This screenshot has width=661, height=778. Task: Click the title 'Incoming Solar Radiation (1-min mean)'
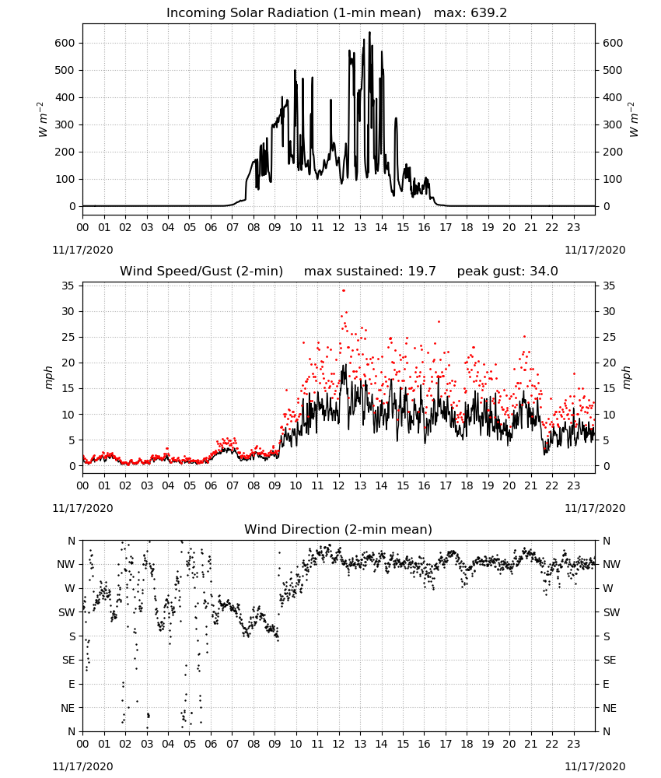point(293,13)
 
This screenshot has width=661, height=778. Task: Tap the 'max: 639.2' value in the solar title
point(470,13)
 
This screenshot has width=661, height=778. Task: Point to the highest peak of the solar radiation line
point(369,33)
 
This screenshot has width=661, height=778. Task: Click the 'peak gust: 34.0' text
point(507,272)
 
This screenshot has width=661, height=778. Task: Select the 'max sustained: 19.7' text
point(370,272)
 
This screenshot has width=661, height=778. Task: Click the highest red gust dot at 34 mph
point(344,290)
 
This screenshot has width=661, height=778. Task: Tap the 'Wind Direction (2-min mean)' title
point(338,529)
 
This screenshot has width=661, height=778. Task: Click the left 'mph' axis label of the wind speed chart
point(48,377)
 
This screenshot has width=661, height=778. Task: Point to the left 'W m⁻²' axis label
point(42,120)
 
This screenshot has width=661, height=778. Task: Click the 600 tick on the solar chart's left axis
point(65,43)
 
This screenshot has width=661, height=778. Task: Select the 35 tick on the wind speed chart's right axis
point(609,286)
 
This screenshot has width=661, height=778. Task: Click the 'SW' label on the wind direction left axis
point(67,613)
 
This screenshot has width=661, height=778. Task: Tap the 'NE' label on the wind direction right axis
point(610,708)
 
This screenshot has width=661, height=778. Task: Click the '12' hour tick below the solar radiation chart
point(339,228)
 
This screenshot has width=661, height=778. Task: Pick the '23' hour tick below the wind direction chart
point(574,744)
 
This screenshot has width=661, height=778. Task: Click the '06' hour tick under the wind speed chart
point(211,485)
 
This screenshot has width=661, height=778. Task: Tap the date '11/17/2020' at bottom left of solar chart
point(82,250)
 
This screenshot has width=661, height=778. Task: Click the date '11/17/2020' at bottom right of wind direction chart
point(595,766)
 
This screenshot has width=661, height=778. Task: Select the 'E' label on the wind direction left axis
point(72,684)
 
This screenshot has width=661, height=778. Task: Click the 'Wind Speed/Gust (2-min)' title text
point(201,272)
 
